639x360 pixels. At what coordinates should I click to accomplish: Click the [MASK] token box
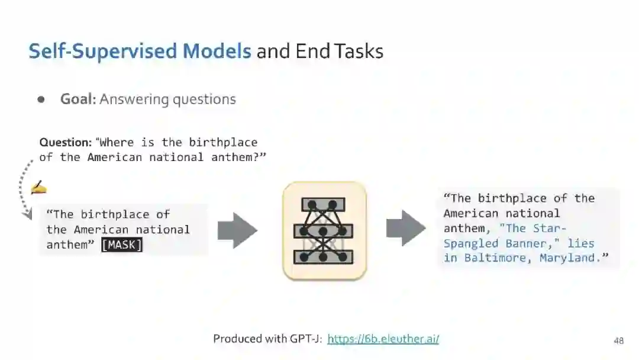[x=122, y=245]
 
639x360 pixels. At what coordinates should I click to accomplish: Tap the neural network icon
[x=324, y=231]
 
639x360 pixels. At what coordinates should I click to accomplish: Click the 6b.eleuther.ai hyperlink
[x=383, y=339]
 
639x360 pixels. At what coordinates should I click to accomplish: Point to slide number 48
[x=619, y=340]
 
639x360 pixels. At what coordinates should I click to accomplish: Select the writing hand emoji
[x=38, y=188]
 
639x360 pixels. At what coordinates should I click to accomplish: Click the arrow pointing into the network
[x=237, y=230]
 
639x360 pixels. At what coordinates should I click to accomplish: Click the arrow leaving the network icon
[x=406, y=228]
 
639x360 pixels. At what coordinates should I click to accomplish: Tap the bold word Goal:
[x=78, y=99]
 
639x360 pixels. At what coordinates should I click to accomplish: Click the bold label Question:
[x=66, y=142]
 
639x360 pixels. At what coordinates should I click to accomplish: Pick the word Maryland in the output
[x=570, y=258]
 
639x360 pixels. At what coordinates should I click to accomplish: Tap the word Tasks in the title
[x=359, y=51]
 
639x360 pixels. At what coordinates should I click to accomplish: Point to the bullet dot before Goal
[x=41, y=99]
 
